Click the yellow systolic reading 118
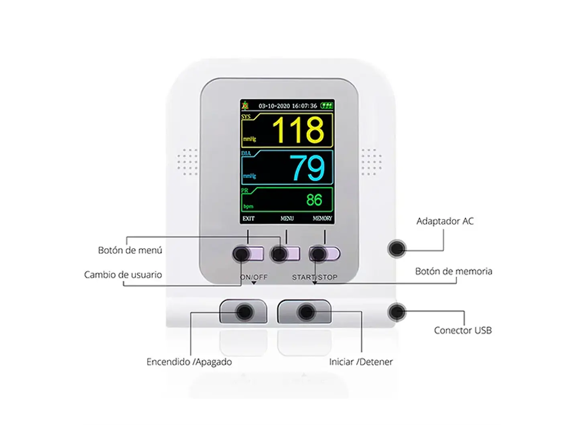coord(298,130)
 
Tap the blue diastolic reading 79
coord(307,167)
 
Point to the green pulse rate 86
coord(314,200)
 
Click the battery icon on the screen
coord(327,106)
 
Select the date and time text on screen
coord(287,106)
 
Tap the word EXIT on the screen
coord(248,219)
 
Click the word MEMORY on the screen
coord(322,219)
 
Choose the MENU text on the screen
coord(287,219)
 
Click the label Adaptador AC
coord(445,221)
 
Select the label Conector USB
coord(462,330)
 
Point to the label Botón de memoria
coord(454,271)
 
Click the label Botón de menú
coord(130,250)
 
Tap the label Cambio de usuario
coord(123,275)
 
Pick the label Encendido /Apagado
coord(189,362)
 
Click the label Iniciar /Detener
coord(361,362)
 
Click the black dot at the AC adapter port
coord(397,248)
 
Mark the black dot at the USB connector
coord(397,312)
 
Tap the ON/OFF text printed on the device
coord(254,277)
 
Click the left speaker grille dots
coord(187,162)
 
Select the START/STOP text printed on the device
coord(315,277)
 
